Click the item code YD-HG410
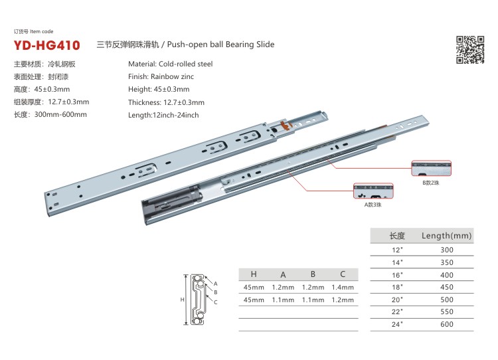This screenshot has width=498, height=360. coord(46,45)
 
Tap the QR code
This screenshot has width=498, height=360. coord(470,50)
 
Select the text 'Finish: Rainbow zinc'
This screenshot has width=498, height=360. coord(161,76)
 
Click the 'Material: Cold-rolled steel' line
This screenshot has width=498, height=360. coord(170,64)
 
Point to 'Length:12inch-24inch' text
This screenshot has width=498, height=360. coord(163,115)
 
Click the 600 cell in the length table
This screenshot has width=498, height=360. coord(447,324)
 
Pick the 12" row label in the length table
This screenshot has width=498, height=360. coord(397,250)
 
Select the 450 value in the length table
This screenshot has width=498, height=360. coord(447,287)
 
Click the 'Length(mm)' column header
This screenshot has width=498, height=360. coord(446,236)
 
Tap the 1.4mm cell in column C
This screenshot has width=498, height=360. coord(343,287)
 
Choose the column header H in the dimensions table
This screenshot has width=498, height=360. coord(254,274)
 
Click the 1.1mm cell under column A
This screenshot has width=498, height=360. coord(283,300)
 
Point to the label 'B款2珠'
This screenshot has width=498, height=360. coord(431,183)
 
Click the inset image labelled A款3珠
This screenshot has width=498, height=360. coord(373,191)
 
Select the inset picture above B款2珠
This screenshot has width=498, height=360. coord(431,168)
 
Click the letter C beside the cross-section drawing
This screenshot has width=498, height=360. coord(216,302)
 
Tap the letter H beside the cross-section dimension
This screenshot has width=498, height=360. coord(182,300)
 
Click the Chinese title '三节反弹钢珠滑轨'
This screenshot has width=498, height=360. coord(127,45)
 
